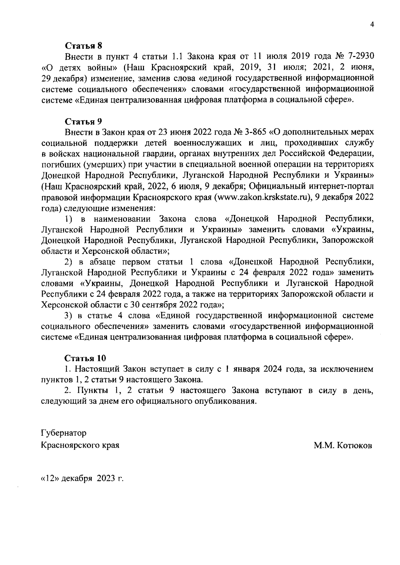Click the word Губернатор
(63, 433)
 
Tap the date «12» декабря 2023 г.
(82, 479)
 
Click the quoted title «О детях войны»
(79, 68)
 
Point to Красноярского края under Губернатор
(80, 445)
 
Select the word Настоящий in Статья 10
(97, 369)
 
